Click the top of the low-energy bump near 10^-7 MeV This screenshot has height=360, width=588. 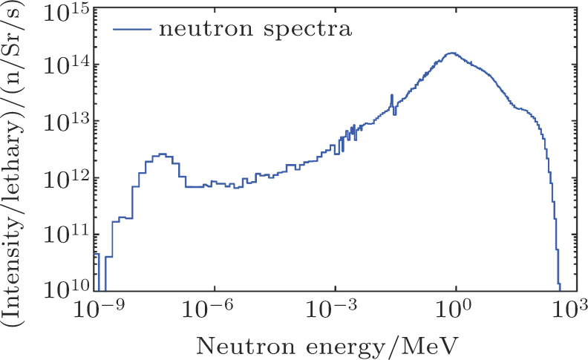[x=162, y=154]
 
